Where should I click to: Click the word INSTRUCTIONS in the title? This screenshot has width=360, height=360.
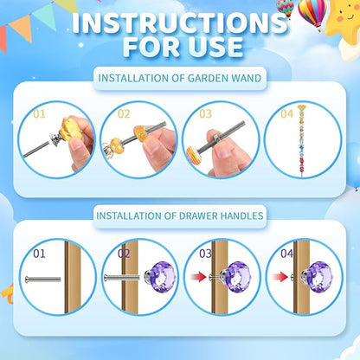point(179,24)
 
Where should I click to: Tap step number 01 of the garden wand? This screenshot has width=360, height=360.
point(38,112)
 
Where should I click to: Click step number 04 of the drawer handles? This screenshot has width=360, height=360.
point(286,254)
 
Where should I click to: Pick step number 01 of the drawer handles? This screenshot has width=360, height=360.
point(39,254)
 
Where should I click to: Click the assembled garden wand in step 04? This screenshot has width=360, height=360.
point(303,143)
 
